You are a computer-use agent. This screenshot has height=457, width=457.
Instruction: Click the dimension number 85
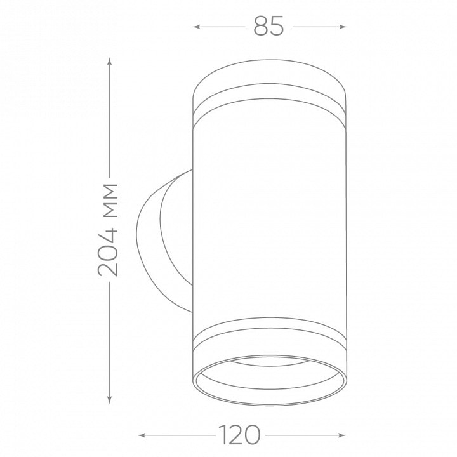tap(268, 26)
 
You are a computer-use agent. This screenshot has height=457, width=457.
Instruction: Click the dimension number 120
tap(239, 435)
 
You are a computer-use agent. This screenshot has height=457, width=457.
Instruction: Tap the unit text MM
tap(110, 201)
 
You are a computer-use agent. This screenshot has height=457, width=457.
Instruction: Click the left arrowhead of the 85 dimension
tap(197, 27)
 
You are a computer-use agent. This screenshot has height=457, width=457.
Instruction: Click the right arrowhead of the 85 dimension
tap(343, 27)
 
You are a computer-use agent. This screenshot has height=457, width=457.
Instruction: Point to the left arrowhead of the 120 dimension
tap(142, 435)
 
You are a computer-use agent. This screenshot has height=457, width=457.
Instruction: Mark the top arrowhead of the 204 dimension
tap(109, 61)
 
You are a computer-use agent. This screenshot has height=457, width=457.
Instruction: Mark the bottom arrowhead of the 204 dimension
tap(109, 400)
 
